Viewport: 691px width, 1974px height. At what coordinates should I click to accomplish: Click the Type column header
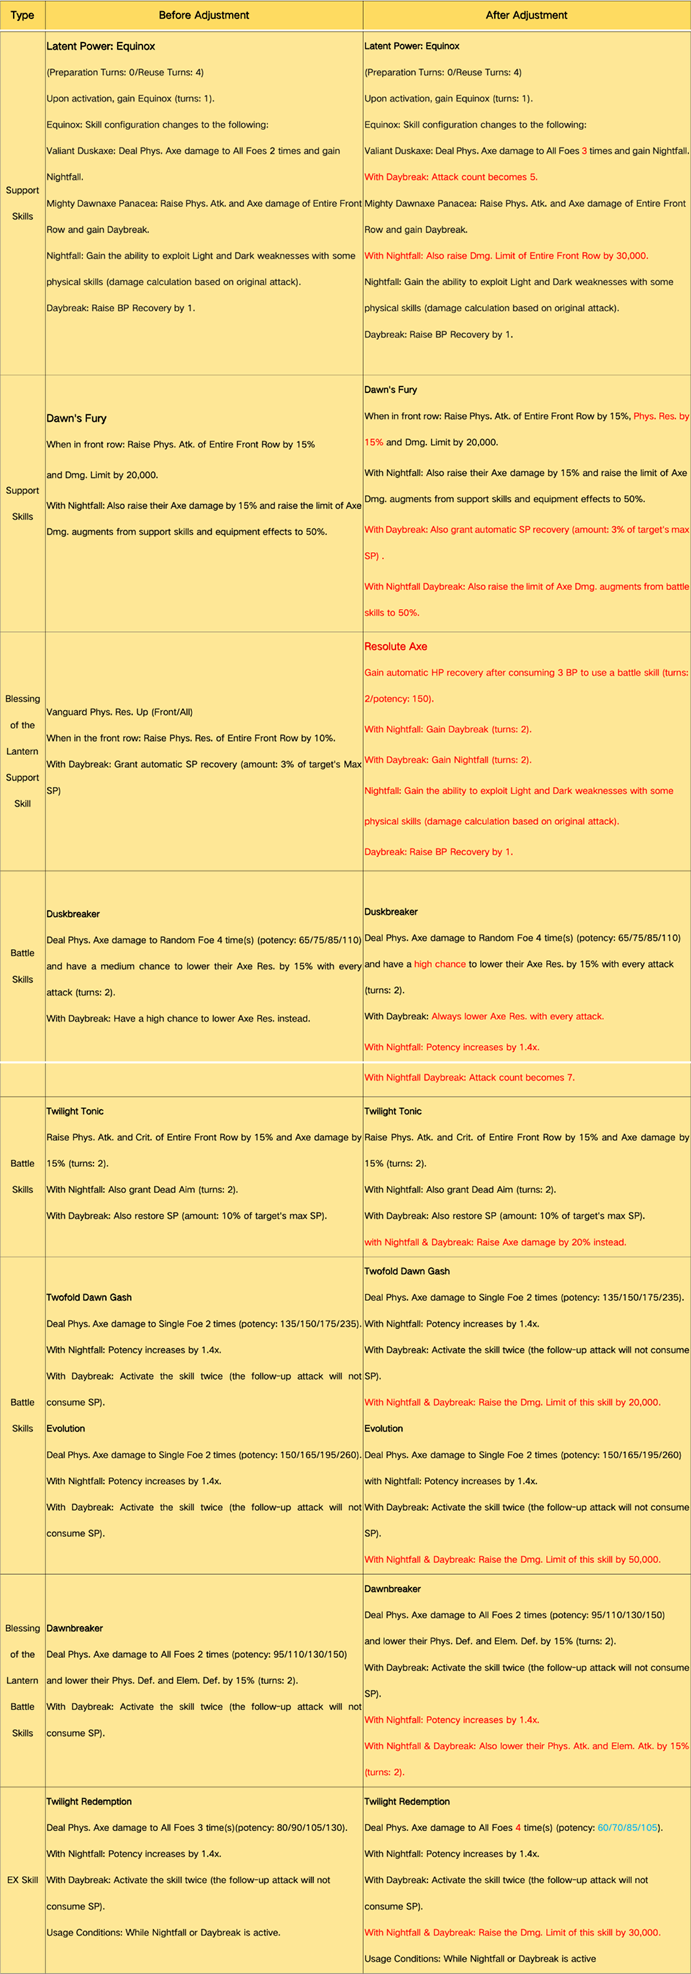[22, 15]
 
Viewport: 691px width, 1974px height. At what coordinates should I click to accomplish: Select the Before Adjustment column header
[204, 15]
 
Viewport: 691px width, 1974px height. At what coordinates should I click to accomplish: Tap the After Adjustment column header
[526, 15]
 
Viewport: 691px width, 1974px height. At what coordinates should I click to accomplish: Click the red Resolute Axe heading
[396, 647]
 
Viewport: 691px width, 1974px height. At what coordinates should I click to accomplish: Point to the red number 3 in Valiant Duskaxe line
[584, 151]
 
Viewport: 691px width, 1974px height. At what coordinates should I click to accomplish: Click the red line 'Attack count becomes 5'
[450, 177]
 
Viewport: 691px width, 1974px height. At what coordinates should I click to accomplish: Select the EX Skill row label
[22, 1880]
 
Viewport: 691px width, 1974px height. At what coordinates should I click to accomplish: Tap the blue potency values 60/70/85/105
[628, 1828]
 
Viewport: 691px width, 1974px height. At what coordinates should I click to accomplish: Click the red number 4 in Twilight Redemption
[518, 1828]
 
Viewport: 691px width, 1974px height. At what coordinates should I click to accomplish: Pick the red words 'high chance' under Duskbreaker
[440, 964]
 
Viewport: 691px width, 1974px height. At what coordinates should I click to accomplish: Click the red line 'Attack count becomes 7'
[469, 1078]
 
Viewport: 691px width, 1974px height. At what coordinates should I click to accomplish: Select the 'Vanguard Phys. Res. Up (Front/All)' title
[120, 712]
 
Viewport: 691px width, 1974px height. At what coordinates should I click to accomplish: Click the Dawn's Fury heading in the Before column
[76, 418]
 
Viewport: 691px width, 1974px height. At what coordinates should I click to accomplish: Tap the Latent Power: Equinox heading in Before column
[101, 46]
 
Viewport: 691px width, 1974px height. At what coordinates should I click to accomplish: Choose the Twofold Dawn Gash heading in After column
[407, 1271]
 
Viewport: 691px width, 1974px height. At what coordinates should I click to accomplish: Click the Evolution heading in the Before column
[66, 1429]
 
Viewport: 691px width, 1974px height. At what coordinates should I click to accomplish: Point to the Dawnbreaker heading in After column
[392, 1590]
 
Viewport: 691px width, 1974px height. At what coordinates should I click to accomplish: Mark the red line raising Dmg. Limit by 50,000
[512, 1559]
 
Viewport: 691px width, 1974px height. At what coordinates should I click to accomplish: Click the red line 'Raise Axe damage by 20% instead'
[495, 1242]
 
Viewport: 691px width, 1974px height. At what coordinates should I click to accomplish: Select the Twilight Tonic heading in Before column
[75, 1111]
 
